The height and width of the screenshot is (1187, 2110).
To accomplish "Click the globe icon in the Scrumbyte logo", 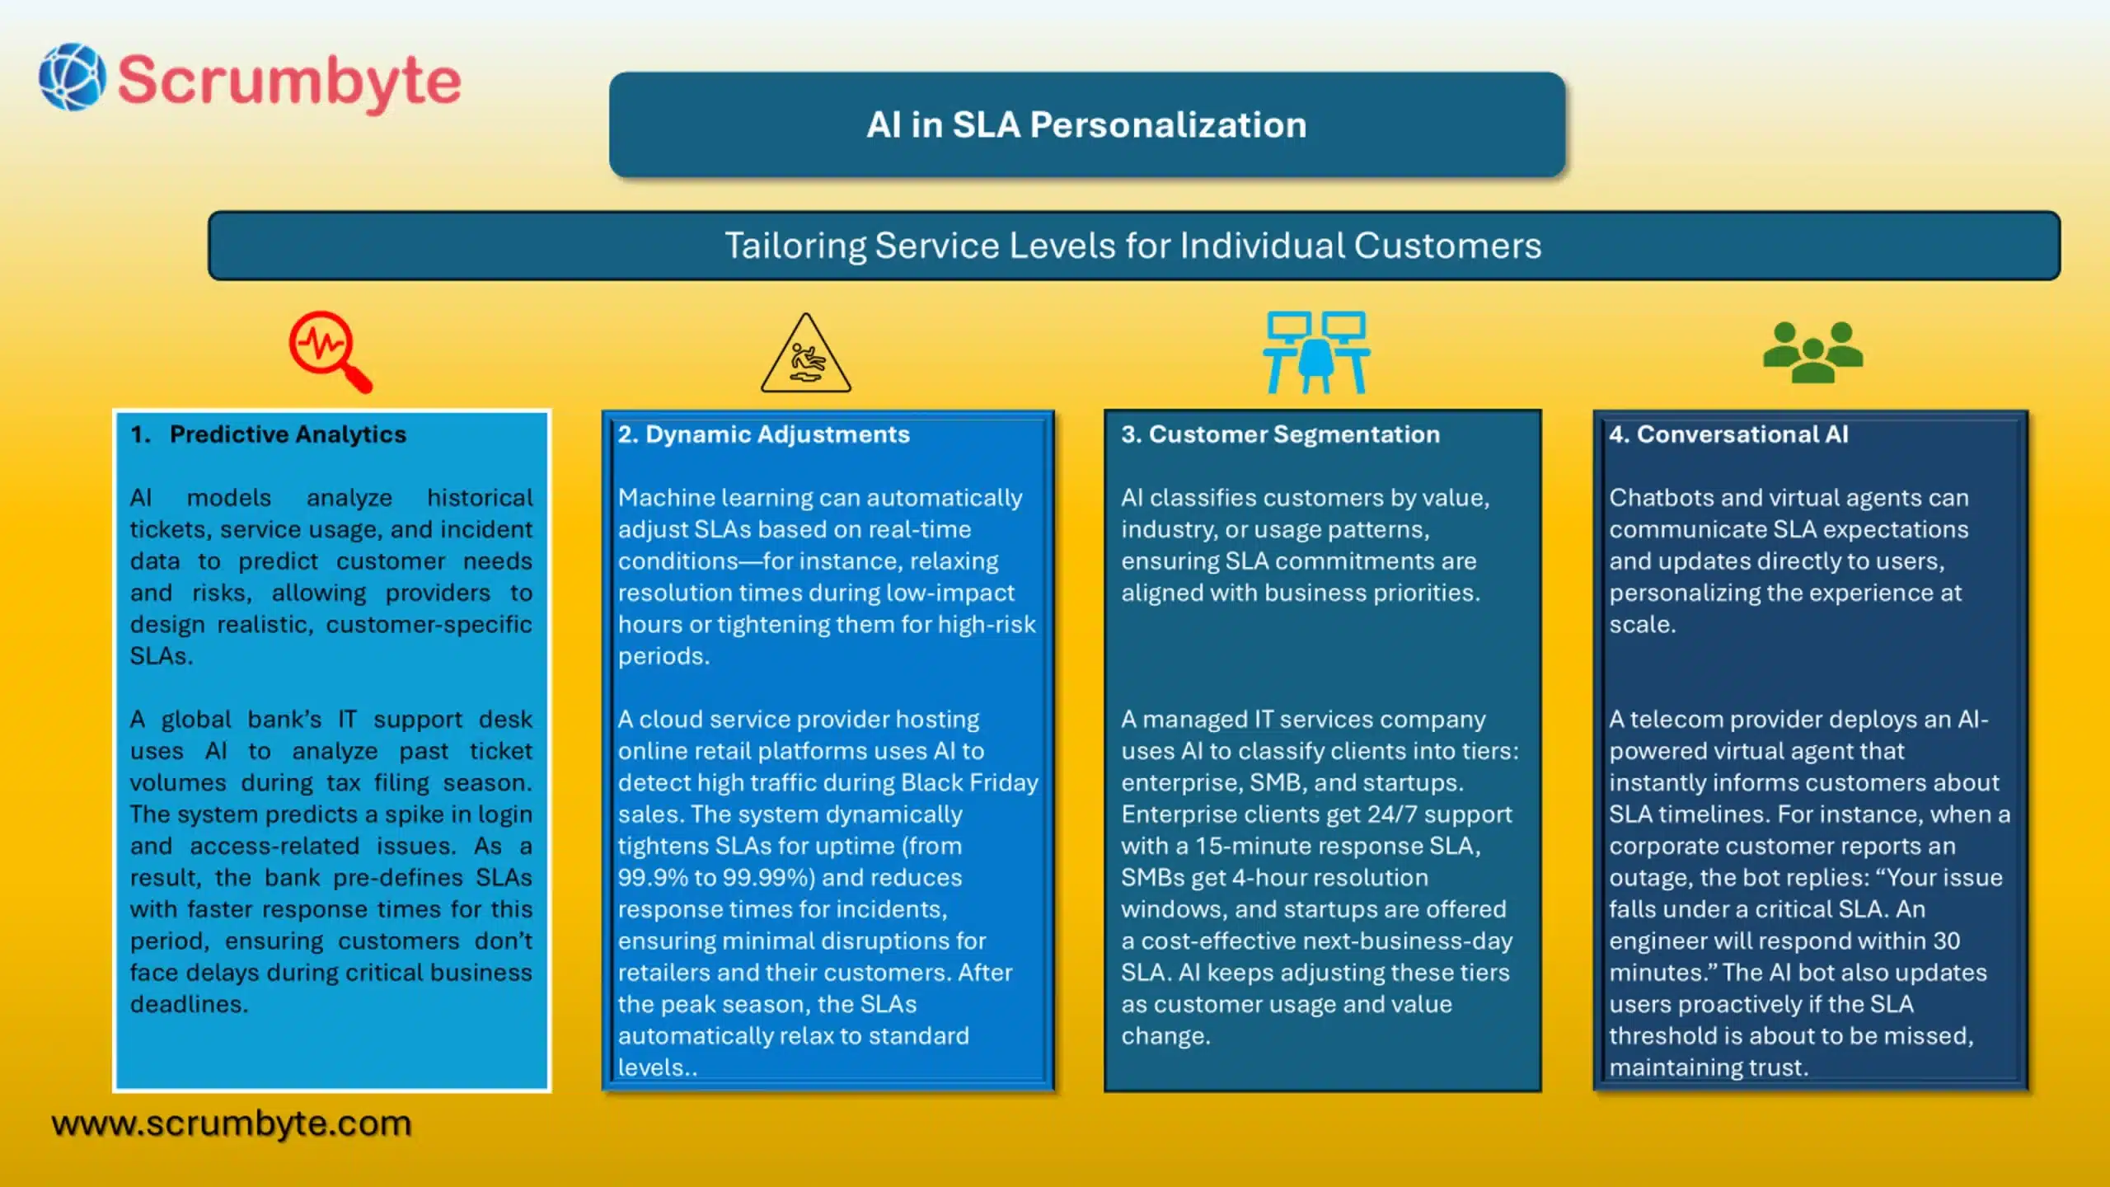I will (73, 77).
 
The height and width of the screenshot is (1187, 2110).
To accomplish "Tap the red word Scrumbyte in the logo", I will (289, 81).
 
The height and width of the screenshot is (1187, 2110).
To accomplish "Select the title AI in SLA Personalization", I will (1086, 125).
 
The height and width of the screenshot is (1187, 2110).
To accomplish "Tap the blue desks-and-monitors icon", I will (1316, 352).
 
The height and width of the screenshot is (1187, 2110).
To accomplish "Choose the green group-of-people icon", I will (1812, 352).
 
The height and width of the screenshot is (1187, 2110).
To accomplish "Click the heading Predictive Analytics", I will (288, 434).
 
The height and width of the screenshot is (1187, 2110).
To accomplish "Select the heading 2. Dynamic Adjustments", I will (764, 434).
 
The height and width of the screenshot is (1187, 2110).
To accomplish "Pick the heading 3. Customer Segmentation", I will (1280, 434).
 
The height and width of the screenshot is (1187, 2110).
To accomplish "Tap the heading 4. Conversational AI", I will (1728, 434).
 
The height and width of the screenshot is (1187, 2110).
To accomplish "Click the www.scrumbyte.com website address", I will (232, 1124).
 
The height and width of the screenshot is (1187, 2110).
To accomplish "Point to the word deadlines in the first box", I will (188, 1004).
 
